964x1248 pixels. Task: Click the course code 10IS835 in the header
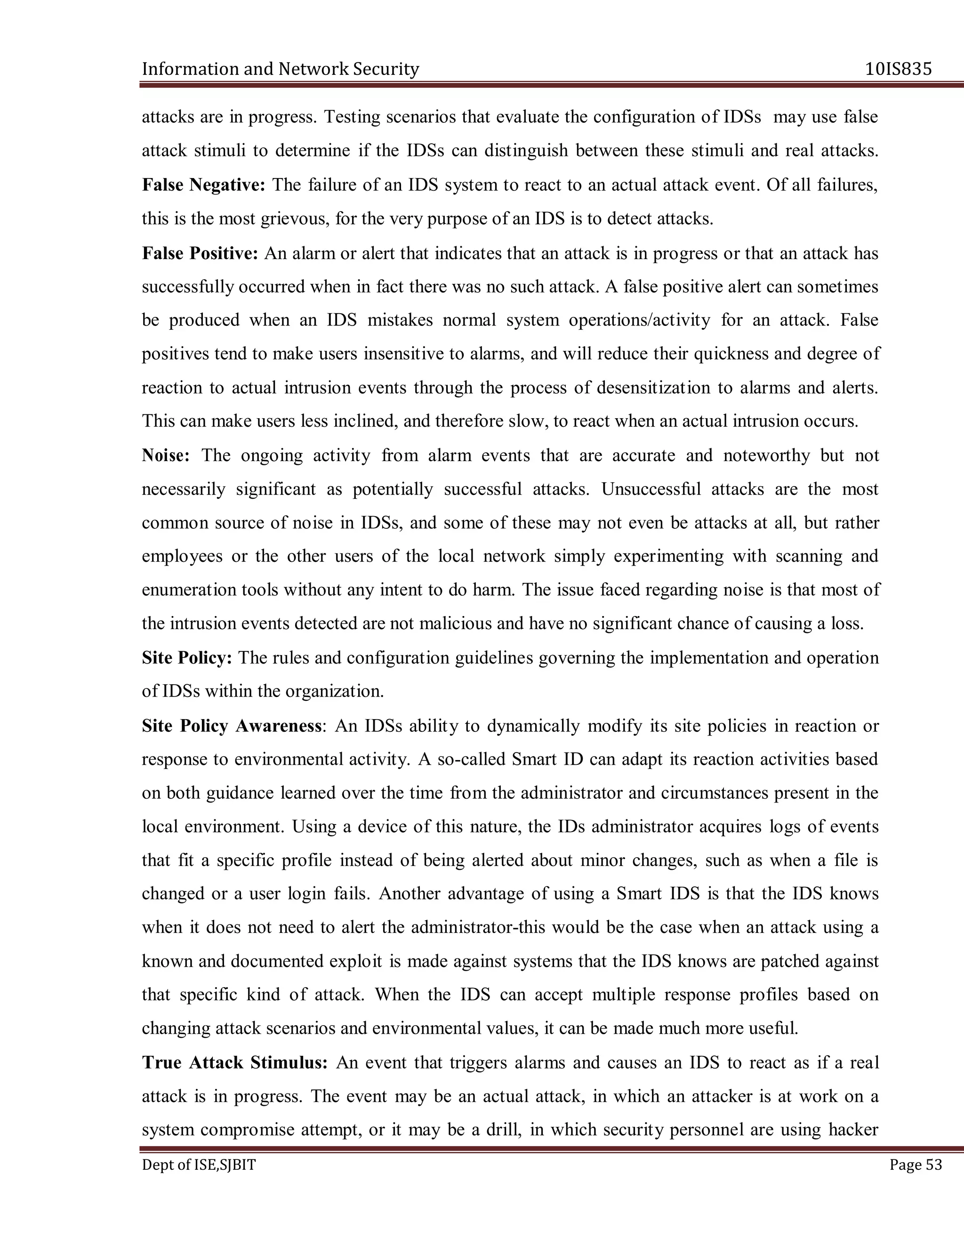tap(898, 69)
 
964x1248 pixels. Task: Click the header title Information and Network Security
tap(281, 69)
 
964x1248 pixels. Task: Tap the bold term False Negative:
tap(204, 185)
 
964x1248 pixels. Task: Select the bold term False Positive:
tap(201, 253)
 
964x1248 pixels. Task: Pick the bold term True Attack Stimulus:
tap(235, 1062)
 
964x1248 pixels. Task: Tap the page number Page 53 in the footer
tap(916, 1165)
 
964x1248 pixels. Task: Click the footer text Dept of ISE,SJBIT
tap(199, 1165)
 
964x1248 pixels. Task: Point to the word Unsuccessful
tap(651, 489)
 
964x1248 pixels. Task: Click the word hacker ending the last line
tap(853, 1130)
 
